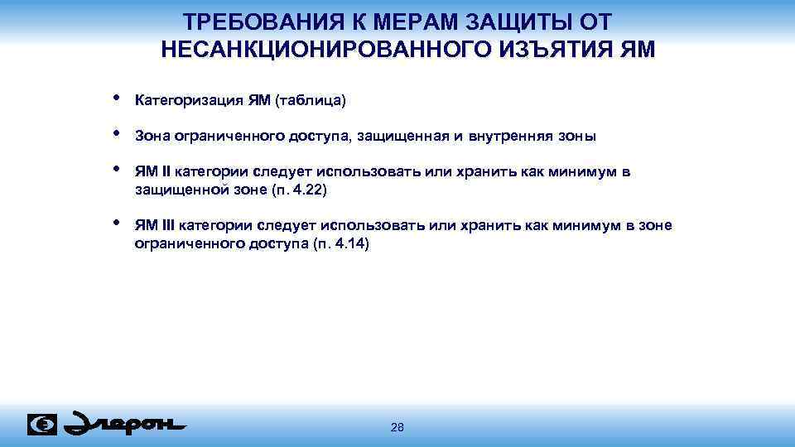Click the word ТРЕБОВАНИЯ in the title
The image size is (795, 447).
point(248,22)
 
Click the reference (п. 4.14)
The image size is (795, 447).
point(343,244)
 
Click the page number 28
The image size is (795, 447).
point(397,427)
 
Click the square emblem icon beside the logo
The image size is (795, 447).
point(42,424)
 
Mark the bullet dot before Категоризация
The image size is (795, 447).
point(115,98)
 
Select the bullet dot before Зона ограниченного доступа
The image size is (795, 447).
point(115,133)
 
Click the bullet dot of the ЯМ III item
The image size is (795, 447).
point(115,223)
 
